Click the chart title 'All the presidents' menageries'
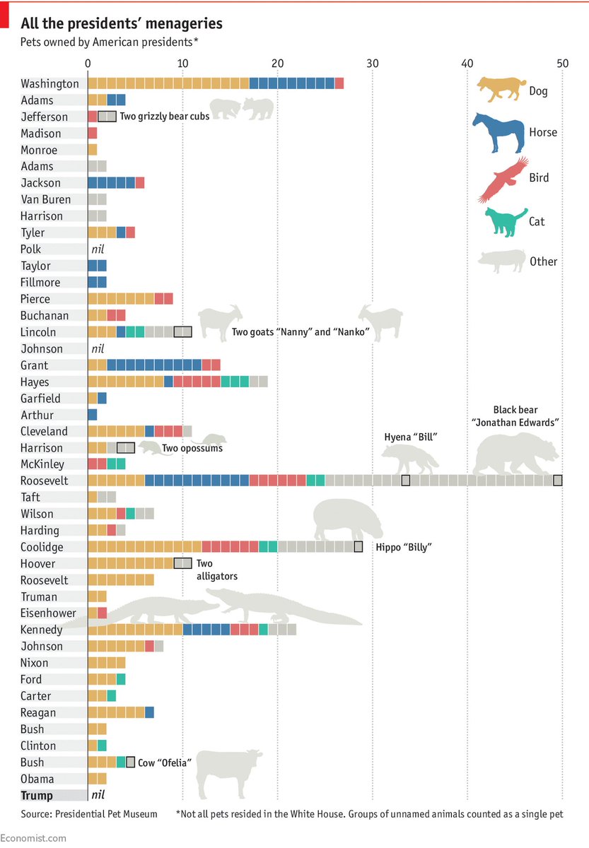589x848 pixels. tap(122, 24)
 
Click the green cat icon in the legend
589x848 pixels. tap(505, 220)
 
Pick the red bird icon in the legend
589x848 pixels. tap(503, 178)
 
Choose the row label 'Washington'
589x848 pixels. tap(49, 83)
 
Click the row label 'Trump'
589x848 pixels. tap(37, 796)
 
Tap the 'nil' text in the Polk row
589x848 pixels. tap(98, 249)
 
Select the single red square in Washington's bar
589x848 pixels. tap(339, 83)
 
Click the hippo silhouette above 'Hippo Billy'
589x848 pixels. tap(347, 520)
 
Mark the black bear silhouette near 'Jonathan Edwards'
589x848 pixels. tap(516, 456)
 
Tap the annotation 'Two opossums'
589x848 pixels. tap(192, 448)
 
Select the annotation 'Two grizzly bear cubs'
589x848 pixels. tap(164, 117)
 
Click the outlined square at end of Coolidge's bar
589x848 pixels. tap(358, 547)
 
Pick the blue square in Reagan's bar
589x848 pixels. tap(149, 712)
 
